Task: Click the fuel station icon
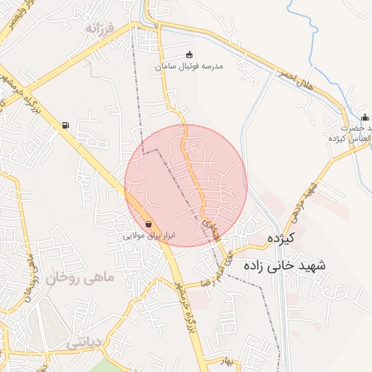tap(66, 126)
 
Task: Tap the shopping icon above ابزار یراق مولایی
tap(149, 225)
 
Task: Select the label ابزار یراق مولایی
tap(149, 235)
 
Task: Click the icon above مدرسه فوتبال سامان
tap(190, 54)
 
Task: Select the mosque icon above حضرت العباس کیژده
tap(365, 117)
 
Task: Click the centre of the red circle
tap(186, 186)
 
